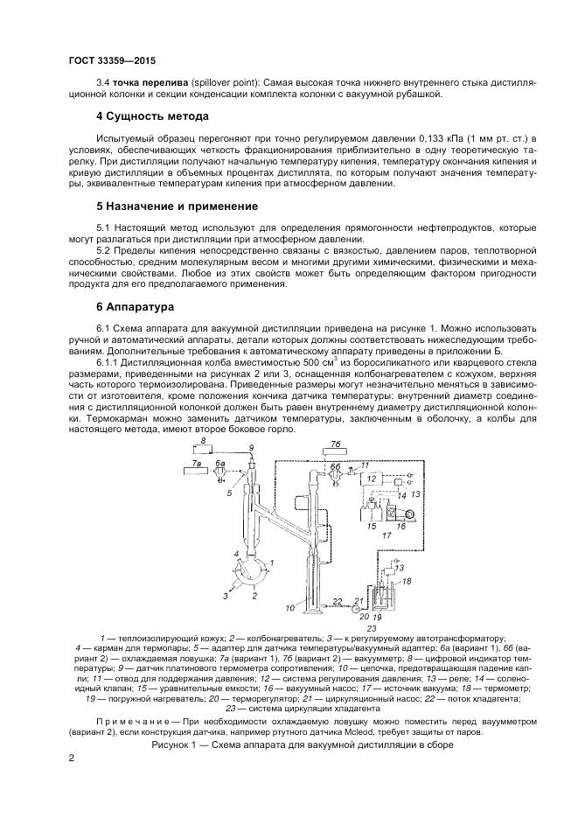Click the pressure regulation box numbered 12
click(x=374, y=479)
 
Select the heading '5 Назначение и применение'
click(x=177, y=206)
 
